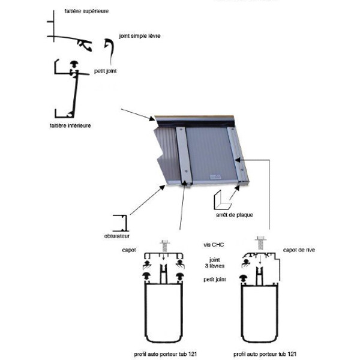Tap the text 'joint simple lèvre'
click(140, 36)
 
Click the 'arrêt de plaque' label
click(231, 214)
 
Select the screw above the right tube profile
click(260, 242)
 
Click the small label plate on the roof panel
click(215, 176)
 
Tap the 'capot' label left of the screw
click(130, 250)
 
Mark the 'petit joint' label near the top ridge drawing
click(105, 71)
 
